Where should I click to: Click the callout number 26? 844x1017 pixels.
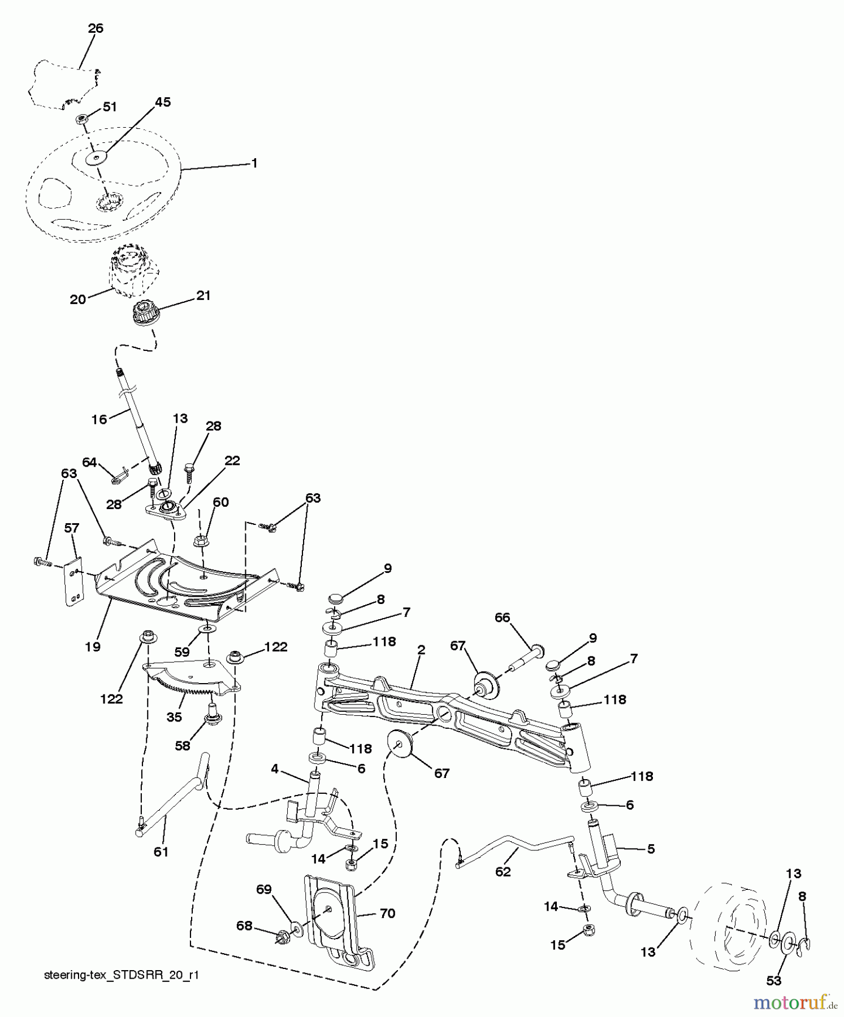tap(96, 28)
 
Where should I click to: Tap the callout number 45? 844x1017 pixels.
tap(163, 102)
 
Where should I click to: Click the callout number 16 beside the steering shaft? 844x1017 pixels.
tap(99, 419)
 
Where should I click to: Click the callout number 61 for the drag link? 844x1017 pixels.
tap(161, 851)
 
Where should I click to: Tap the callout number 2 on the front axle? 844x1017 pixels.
tap(420, 650)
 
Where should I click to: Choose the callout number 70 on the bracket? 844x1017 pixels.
tap(387, 913)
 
